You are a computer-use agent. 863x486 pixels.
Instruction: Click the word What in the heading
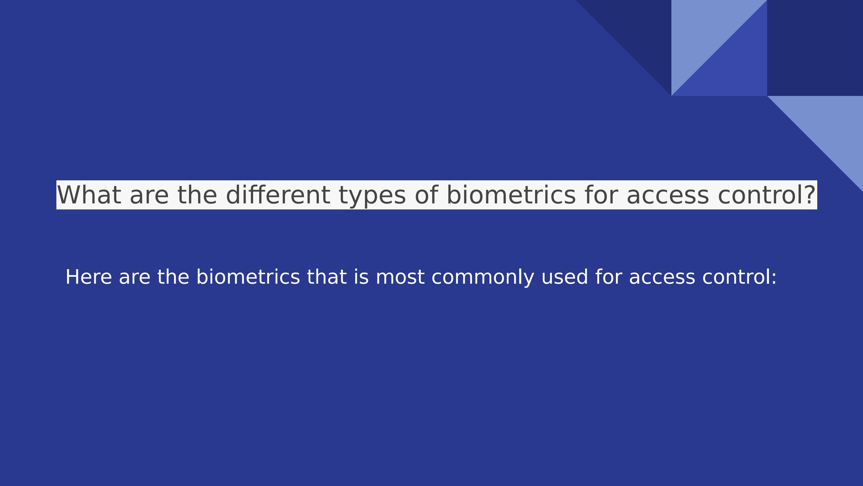click(89, 195)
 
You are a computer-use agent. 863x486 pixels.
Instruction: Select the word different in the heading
click(278, 195)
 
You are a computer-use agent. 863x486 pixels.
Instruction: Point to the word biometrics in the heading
click(511, 195)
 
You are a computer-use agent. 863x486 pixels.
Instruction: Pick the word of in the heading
click(426, 195)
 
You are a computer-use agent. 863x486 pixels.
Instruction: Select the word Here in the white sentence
click(88, 277)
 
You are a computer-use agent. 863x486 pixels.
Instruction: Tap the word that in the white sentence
click(327, 277)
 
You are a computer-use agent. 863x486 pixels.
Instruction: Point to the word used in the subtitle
click(564, 277)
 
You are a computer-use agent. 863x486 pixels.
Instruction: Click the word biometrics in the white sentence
click(248, 277)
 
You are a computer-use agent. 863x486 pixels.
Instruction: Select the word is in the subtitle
click(361, 277)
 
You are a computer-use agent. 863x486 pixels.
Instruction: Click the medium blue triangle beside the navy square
click(737, 67)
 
